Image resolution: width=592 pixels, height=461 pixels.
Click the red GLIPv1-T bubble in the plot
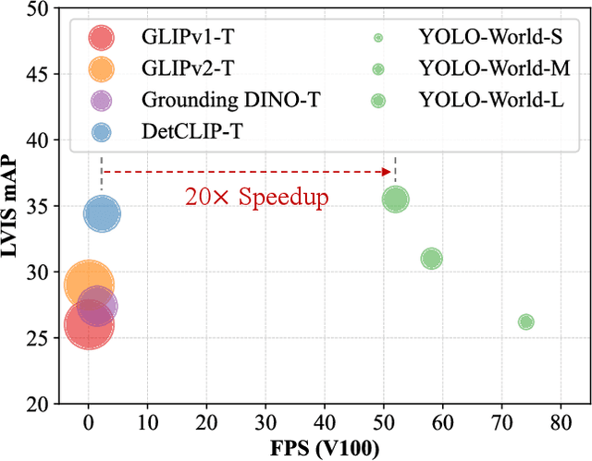pyautogui.click(x=89, y=324)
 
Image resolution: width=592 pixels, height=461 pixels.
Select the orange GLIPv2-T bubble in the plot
pyautogui.click(x=89, y=285)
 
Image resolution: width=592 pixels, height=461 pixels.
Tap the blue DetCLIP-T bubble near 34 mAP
pyautogui.click(x=102, y=214)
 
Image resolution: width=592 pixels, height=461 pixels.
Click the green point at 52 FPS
pyautogui.click(x=396, y=199)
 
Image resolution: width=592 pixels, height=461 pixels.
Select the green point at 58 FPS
pyautogui.click(x=431, y=259)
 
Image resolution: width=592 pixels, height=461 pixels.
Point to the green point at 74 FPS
pyautogui.click(x=526, y=321)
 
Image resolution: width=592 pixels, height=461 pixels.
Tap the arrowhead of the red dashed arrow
pyautogui.click(x=388, y=171)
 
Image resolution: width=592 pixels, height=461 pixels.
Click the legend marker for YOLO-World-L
pyautogui.click(x=378, y=101)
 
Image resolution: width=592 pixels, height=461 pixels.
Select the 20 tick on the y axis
pyautogui.click(x=35, y=404)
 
